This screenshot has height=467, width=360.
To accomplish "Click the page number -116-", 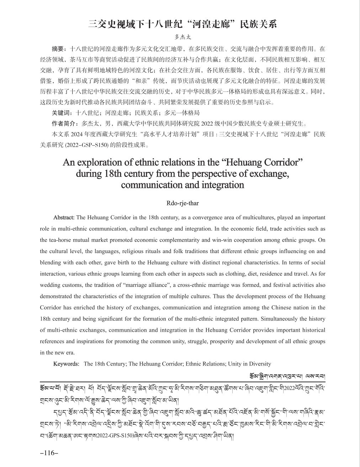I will coord(49,453).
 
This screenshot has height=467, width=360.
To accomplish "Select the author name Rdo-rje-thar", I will coord(182,203).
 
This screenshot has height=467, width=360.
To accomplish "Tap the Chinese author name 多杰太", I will coord(182,37).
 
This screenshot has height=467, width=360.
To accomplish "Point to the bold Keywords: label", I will coord(66,364).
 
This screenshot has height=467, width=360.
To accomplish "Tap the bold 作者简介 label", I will coord(66,124).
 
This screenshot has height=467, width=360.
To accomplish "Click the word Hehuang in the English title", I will coord(245,162).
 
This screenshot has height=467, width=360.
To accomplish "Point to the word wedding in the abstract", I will coord(50,285).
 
